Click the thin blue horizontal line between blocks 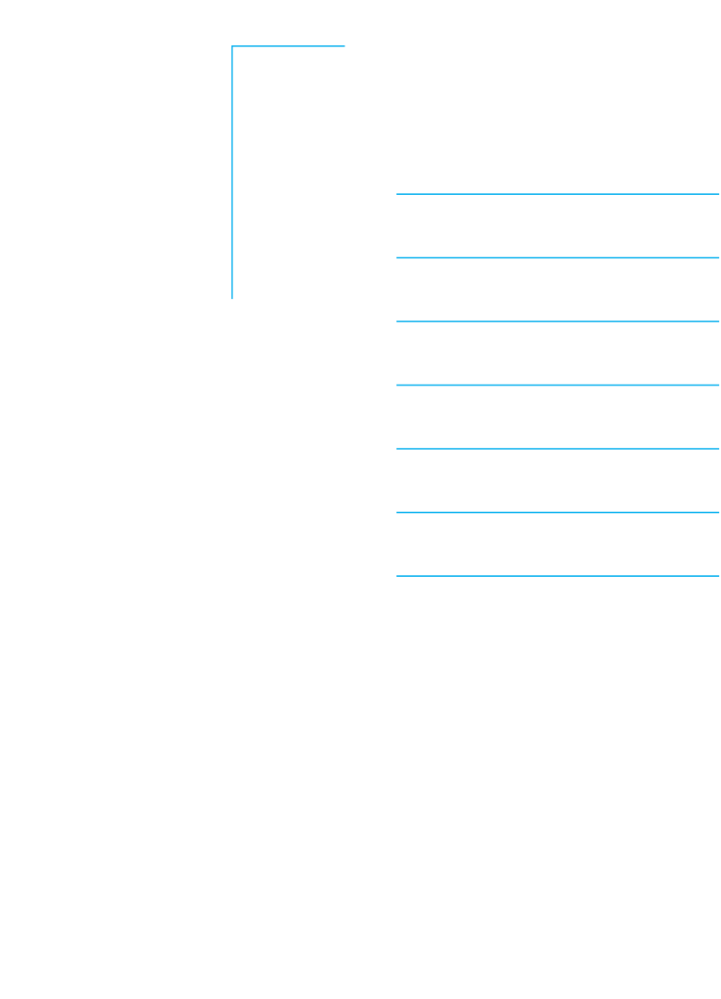click(x=557, y=321)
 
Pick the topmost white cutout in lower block click(x=561, y=405)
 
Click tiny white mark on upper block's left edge click(x=234, y=78)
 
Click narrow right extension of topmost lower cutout click(x=622, y=403)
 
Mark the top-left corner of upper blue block click(x=232, y=46)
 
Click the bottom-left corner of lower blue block click(x=397, y=576)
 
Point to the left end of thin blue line click(x=397, y=321)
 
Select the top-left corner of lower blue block click(x=397, y=385)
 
